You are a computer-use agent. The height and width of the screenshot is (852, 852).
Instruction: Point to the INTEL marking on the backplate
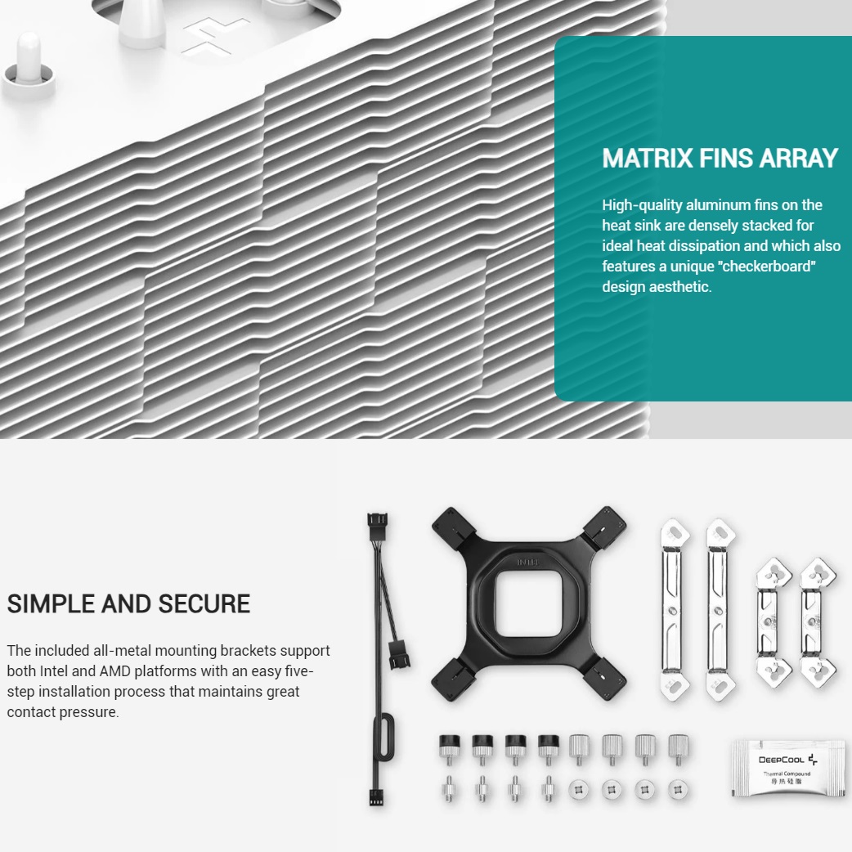(x=527, y=562)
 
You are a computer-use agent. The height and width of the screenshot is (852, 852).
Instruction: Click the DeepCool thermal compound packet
(x=787, y=769)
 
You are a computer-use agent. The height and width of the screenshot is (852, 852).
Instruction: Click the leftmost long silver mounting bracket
(x=675, y=609)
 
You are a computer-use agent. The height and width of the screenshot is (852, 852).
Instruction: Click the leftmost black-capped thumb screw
(x=450, y=749)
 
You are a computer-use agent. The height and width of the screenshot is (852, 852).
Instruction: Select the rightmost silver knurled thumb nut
(x=678, y=749)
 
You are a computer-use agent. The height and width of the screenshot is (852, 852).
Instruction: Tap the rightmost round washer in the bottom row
(x=678, y=789)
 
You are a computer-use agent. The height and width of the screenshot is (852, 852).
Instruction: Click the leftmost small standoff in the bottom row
(x=450, y=789)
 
